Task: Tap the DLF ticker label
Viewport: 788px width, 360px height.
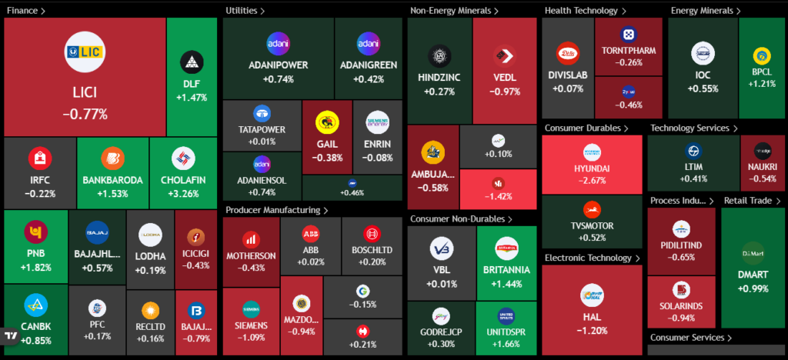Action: [x=191, y=84]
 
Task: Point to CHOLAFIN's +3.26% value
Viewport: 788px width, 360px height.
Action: [x=182, y=193]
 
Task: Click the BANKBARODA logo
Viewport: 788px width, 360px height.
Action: [x=112, y=158]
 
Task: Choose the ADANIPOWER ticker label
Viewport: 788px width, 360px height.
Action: [x=278, y=65]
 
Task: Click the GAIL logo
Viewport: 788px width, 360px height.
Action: [x=327, y=123]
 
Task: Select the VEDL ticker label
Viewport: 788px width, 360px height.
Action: [x=505, y=78]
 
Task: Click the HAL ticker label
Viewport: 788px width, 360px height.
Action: [x=592, y=317]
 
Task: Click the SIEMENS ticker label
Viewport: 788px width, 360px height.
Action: [x=252, y=325]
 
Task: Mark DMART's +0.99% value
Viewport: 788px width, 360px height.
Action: [x=753, y=288]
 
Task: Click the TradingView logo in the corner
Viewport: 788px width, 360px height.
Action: [x=11, y=336]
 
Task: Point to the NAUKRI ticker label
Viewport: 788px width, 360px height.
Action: [x=763, y=167]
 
